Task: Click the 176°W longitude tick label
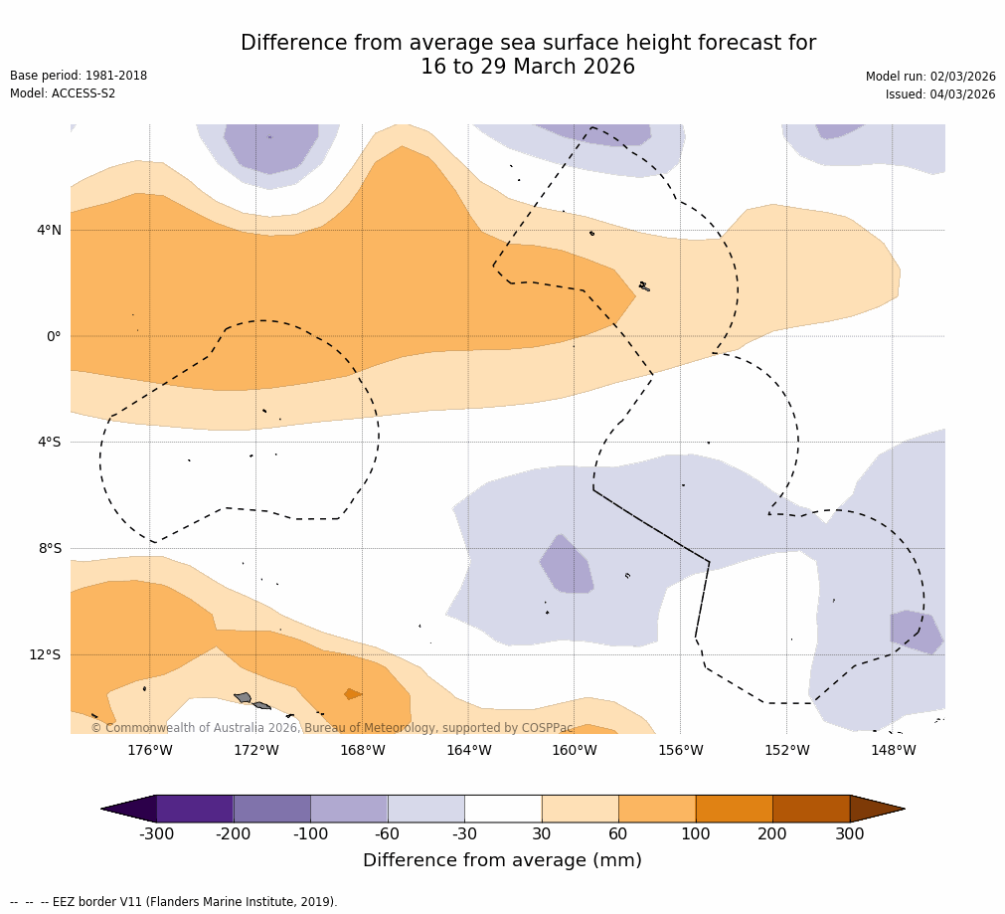coord(149,750)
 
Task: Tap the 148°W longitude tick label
coord(893,750)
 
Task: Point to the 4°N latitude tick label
coord(49,230)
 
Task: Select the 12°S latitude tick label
coord(45,654)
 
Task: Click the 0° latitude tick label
coord(54,336)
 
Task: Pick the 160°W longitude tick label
coord(574,750)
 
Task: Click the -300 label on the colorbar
coord(156,834)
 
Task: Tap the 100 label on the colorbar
coord(695,834)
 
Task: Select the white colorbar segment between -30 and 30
coord(503,809)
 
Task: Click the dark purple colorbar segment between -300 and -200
coord(195,809)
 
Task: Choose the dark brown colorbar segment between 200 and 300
coord(811,809)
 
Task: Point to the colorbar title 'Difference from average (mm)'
coord(502,860)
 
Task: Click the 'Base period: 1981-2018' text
coord(79,76)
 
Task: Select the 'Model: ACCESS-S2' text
coord(63,93)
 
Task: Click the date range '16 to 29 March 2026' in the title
coord(528,67)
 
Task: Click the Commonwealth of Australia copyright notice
coord(332,728)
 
